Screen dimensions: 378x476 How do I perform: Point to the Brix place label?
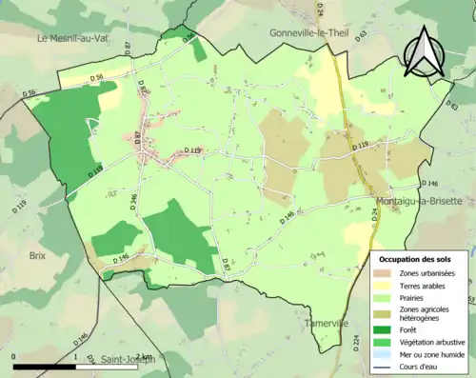point(37,256)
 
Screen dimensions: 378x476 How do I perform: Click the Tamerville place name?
point(329,323)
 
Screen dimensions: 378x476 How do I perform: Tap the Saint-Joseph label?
point(126,359)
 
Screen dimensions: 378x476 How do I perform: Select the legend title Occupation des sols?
point(416,259)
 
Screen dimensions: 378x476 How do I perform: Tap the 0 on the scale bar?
point(13,356)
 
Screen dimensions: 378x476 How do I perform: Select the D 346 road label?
point(134,202)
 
